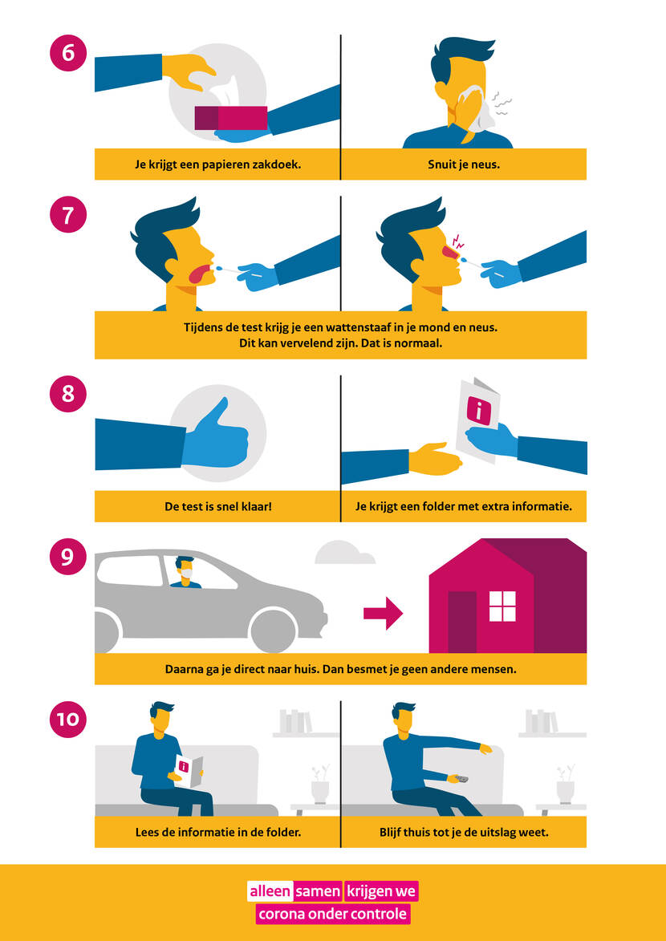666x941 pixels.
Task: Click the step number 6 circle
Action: [68, 53]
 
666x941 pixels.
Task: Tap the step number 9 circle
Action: [68, 556]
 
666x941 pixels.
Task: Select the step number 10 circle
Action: [68, 718]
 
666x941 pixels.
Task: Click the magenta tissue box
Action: [230, 118]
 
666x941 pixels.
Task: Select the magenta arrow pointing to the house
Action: [383, 613]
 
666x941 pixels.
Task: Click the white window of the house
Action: [502, 606]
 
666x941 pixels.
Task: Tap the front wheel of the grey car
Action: [274, 631]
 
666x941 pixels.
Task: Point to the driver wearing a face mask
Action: [185, 573]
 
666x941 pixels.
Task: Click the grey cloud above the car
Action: [345, 553]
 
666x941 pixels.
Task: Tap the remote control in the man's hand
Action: [461, 778]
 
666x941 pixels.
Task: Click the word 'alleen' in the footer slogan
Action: [270, 891]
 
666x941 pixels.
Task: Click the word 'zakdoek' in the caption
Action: [278, 164]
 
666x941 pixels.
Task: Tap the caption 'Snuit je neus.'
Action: [464, 164]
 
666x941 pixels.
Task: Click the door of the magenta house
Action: [462, 622]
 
